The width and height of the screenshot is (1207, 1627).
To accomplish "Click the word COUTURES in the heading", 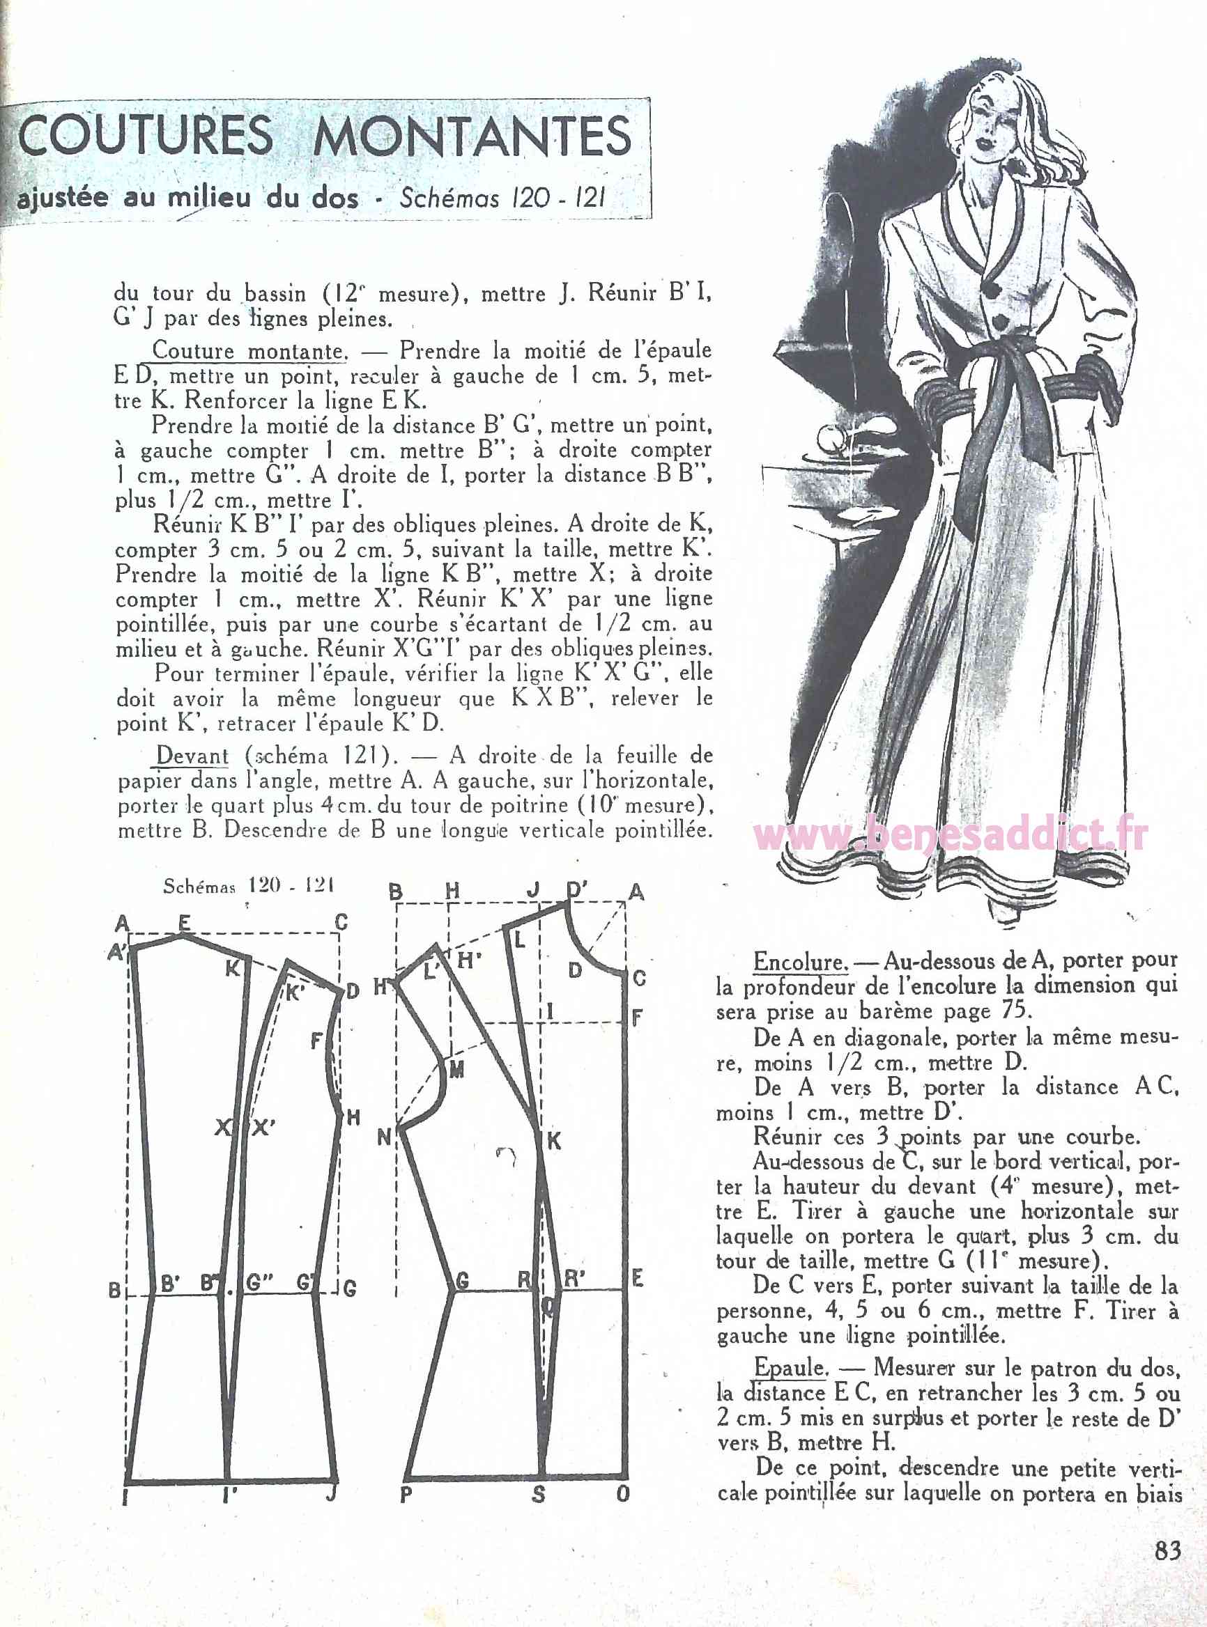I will point(145,136).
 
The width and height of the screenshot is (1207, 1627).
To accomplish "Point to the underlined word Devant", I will point(192,756).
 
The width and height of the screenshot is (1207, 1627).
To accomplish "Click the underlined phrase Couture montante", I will point(247,351).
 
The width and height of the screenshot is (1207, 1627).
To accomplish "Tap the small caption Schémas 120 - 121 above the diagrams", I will point(248,886).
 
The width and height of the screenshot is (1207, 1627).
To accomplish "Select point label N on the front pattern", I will point(384,1137).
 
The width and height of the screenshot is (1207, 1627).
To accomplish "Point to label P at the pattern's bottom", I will point(407,1494).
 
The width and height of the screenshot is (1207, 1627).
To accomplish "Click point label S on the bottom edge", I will point(539,1494).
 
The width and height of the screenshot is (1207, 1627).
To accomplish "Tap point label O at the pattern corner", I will point(622,1494).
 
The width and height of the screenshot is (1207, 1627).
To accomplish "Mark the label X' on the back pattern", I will point(263,1128).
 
